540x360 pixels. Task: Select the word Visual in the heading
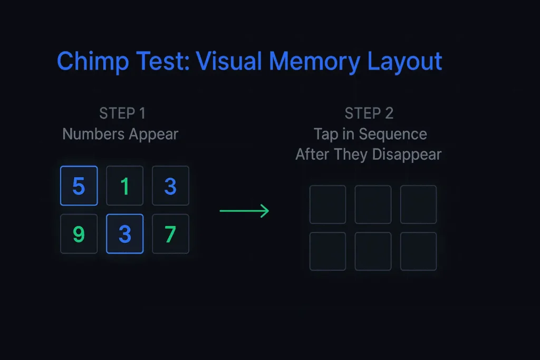pyautogui.click(x=229, y=61)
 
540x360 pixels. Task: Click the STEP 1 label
pyautogui.click(x=122, y=113)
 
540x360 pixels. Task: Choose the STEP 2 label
pyautogui.click(x=369, y=113)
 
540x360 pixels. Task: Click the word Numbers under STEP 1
pyautogui.click(x=93, y=134)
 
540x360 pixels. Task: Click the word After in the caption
pyautogui.click(x=312, y=154)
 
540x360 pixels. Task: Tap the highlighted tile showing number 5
pyautogui.click(x=79, y=186)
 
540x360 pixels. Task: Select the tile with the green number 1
pyautogui.click(x=124, y=186)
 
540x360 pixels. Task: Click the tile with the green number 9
pyautogui.click(x=79, y=234)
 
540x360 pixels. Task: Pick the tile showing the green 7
pyautogui.click(x=170, y=234)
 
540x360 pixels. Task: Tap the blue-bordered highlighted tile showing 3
pyautogui.click(x=124, y=234)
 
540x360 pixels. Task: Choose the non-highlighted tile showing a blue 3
pyautogui.click(x=170, y=186)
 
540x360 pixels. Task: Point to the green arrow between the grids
pyautogui.click(x=244, y=211)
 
